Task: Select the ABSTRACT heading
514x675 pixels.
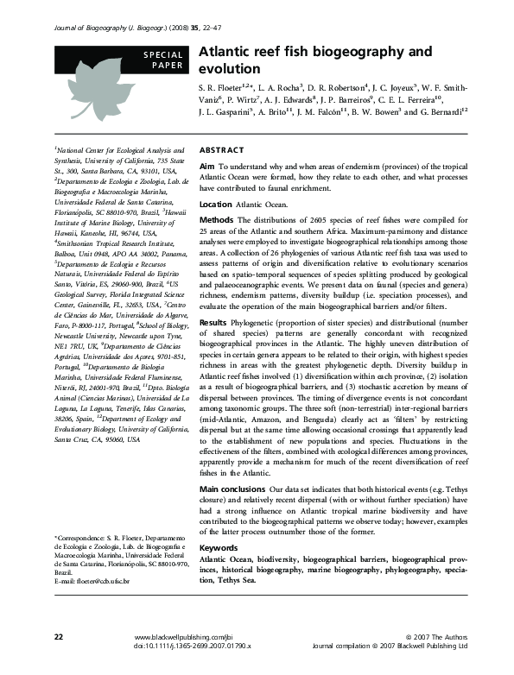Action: (222, 149)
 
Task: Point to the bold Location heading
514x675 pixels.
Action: (216, 205)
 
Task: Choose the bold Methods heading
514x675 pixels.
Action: (216, 221)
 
